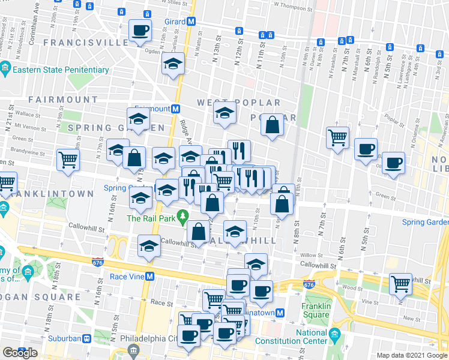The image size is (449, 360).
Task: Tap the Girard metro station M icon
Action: tap(191, 21)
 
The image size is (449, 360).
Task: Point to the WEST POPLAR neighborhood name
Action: tap(231, 103)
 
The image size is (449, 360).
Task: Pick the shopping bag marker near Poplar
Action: tap(273, 125)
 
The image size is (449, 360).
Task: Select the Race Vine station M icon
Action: tap(151, 277)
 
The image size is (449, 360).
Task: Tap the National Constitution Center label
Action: tap(311, 337)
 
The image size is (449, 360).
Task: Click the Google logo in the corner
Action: tap(19, 353)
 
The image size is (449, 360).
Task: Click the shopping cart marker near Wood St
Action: tap(400, 284)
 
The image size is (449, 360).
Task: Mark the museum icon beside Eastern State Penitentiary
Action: tap(5, 67)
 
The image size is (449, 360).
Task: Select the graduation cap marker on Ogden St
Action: tap(173, 64)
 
